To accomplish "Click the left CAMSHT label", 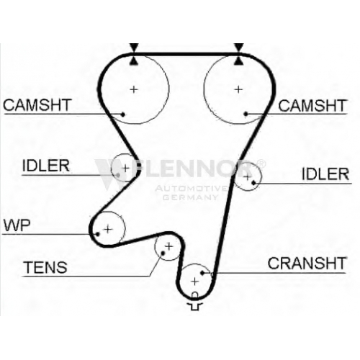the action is [x=37, y=105].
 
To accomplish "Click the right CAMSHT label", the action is [x=312, y=105].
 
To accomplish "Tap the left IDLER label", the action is [x=46, y=166].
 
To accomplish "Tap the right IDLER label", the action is [x=325, y=174].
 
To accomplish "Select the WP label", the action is [x=17, y=225].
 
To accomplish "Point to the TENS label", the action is [x=45, y=267].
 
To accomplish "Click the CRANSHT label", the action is [x=307, y=264].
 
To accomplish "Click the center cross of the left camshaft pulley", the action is [x=134, y=89].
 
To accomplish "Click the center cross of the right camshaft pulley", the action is [x=238, y=89].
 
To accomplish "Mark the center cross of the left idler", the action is [x=125, y=168].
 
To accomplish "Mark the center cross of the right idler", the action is [x=247, y=177].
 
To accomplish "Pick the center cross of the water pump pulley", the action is [x=108, y=230].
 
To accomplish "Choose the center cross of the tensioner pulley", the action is [x=169, y=246].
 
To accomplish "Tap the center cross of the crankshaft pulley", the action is [x=194, y=282].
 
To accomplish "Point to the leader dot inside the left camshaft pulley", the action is [x=122, y=114].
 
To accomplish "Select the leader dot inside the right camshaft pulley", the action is [x=246, y=114].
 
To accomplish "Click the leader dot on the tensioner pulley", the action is [x=163, y=253].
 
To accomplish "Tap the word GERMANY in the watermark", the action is [x=190, y=197].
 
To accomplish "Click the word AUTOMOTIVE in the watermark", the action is [x=191, y=189].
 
